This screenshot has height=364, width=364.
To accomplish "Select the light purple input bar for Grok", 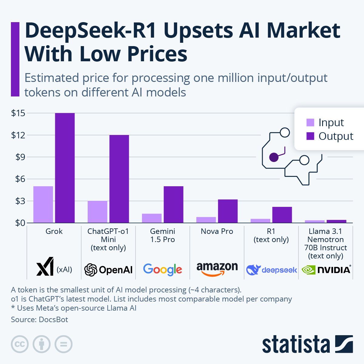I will click(43, 204).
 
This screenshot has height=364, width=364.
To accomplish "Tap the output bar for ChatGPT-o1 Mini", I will click(119, 179).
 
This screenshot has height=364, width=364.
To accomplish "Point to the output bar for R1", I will click(282, 215).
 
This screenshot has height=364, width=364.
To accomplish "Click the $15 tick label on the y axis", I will click(18, 113).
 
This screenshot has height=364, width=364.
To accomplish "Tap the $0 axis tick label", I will click(18, 223).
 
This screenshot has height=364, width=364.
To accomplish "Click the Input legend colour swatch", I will click(310, 123).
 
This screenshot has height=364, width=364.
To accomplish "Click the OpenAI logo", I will click(108, 269).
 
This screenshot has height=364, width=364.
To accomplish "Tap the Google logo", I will click(163, 269).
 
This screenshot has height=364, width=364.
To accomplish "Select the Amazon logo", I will click(217, 269).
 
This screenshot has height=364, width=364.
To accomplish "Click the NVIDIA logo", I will click(326, 269).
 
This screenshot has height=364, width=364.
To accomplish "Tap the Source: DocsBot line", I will click(39, 319).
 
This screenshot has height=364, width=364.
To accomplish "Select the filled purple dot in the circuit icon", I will click(274, 157).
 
